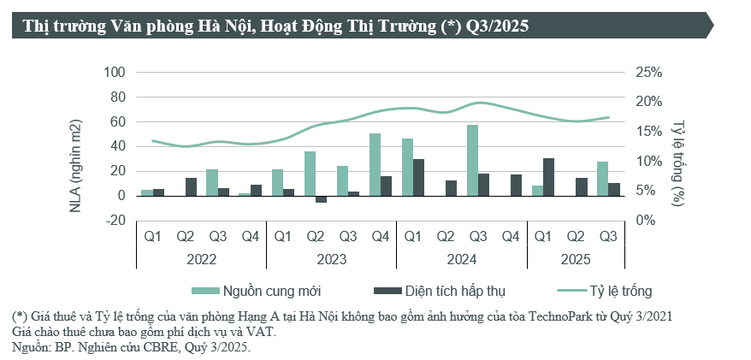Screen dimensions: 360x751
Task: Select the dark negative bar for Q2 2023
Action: tap(321, 199)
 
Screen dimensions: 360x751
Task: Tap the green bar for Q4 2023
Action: tap(375, 164)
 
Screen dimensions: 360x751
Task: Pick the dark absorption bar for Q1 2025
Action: tap(548, 177)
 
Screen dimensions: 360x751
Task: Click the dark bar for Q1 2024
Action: tap(418, 177)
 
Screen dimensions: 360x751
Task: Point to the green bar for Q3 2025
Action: tap(602, 179)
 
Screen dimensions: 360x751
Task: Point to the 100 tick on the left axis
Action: tap(115, 73)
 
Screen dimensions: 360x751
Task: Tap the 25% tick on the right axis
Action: tap(649, 73)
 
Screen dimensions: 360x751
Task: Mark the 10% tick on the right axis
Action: tap(649, 161)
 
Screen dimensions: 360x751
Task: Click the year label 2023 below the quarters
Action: tap(331, 257)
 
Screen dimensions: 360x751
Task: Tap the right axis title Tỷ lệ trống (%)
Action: tap(678, 158)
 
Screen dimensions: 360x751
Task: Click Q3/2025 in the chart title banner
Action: tap(497, 27)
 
